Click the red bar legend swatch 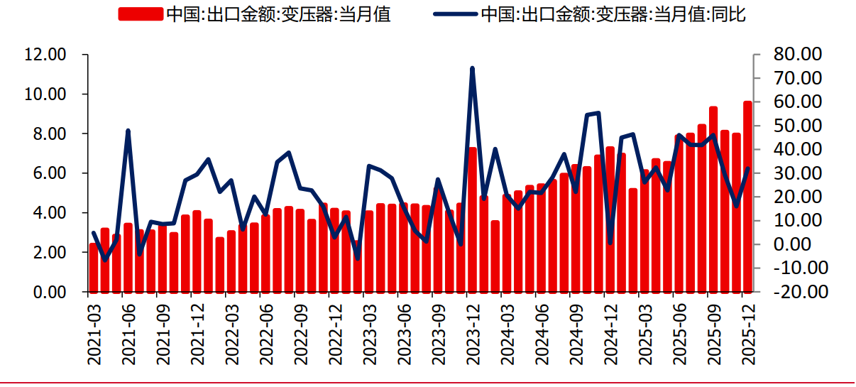[140, 14]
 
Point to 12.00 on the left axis [46, 55]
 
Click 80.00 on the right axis [796, 55]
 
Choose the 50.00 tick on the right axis [796, 126]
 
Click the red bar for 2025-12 [747, 199]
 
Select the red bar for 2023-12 [473, 220]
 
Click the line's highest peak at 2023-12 [472, 68]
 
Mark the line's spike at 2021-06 [128, 131]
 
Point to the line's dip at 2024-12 [610, 243]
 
